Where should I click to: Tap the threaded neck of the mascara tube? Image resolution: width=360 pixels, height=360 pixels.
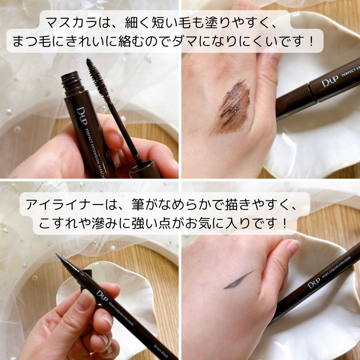pyautogui.click(x=71, y=82)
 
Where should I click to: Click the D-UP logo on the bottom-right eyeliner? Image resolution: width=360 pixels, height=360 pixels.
pyautogui.click(x=314, y=284)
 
